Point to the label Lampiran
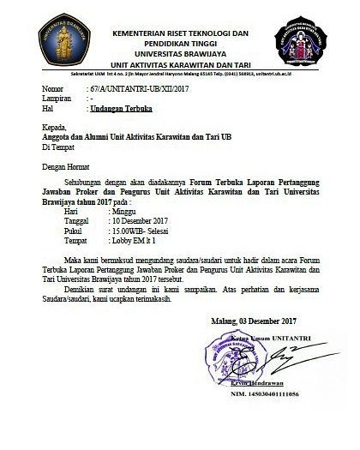58,99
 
